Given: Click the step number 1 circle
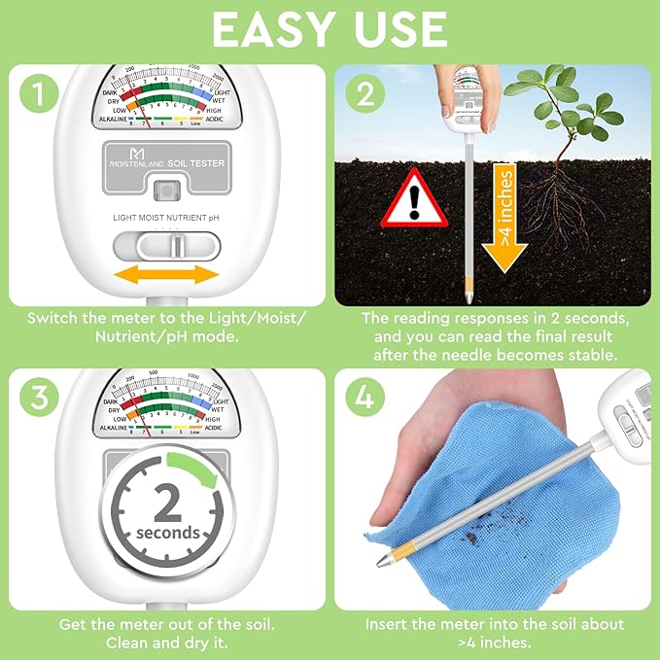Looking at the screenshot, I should (39, 93).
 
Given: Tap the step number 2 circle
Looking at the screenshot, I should (365, 93).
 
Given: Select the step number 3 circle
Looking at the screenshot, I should (39, 397).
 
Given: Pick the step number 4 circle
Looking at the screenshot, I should (365, 397).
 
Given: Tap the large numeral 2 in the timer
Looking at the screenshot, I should (168, 504).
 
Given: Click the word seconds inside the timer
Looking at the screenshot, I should (168, 533).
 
